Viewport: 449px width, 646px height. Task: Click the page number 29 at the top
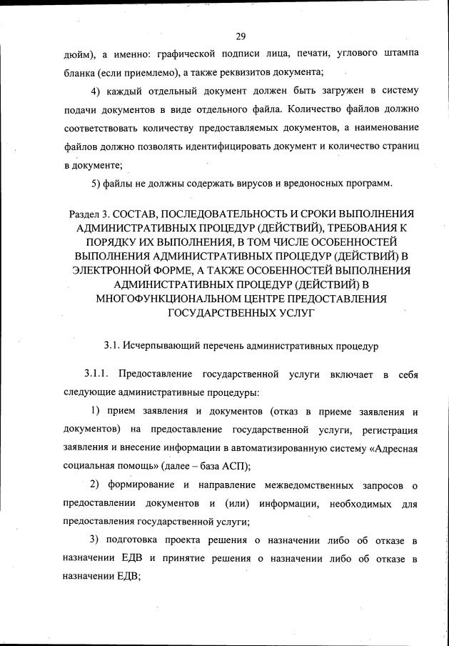point(239,37)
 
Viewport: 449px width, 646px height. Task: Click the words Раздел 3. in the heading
point(89,215)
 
